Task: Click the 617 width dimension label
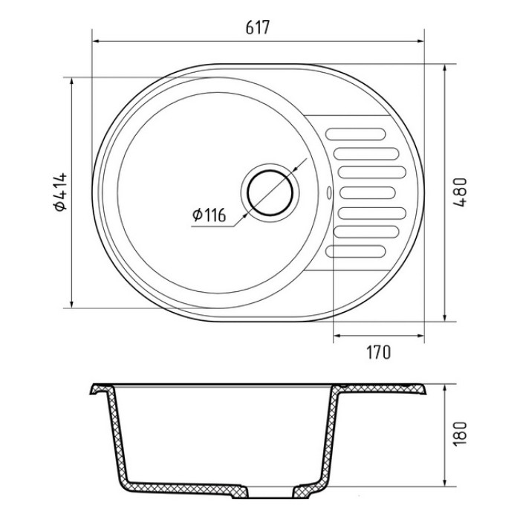point(258,27)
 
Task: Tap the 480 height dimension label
point(461,192)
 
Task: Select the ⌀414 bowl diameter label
point(61,192)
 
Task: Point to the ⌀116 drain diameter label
point(209,215)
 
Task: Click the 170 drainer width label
point(379,352)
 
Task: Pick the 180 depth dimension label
point(460,434)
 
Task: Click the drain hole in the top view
point(270,193)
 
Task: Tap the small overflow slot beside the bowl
point(329,192)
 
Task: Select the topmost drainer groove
point(356,134)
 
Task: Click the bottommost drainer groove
point(356,251)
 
